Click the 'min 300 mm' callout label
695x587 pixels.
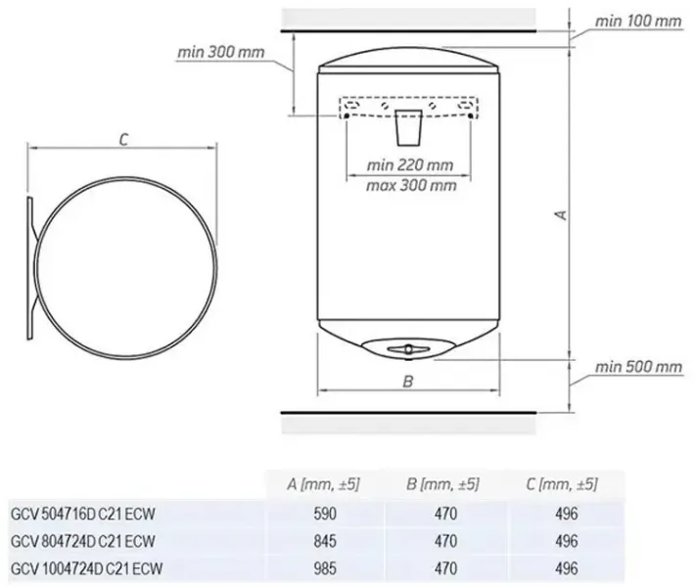point(220,52)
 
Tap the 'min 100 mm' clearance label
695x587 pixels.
point(638,21)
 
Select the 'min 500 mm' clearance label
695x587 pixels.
point(638,367)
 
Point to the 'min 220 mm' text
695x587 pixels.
point(410,165)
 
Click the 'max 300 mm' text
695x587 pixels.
point(411,185)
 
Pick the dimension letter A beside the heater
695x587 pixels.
point(562,215)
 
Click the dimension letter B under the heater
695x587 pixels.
point(408,381)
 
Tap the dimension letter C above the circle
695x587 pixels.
point(123,140)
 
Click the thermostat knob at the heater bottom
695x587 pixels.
point(408,349)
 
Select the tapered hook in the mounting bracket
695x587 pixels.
point(408,127)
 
